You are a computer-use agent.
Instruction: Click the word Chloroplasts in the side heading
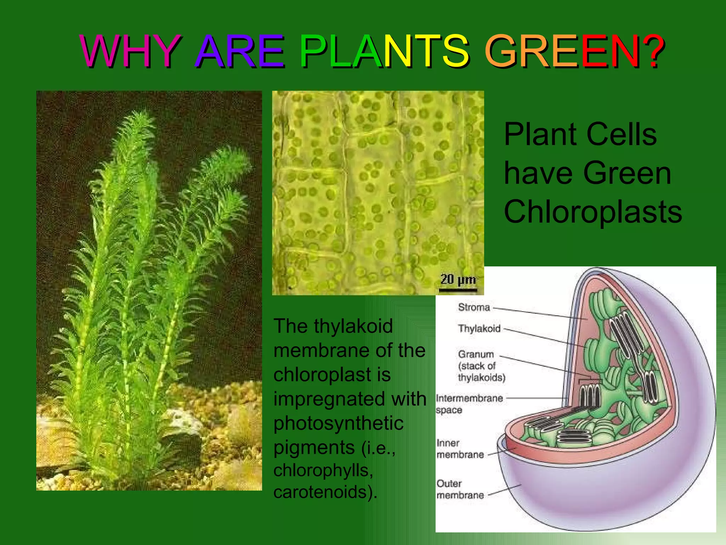[x=593, y=212]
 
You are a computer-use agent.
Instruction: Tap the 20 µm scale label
[x=458, y=280]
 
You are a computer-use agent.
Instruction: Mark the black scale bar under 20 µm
[x=458, y=291]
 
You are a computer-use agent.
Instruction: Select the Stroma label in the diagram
[x=474, y=307]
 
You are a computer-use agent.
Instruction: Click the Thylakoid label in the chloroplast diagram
[x=479, y=329]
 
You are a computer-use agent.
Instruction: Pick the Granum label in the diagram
[x=476, y=354]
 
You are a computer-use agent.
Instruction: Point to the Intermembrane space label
[x=469, y=404]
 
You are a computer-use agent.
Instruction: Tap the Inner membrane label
[x=460, y=449]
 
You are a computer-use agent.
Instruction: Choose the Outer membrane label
[x=460, y=489]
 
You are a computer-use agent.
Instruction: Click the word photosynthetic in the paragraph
[x=339, y=423]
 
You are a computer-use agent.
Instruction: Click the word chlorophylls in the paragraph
[x=323, y=470]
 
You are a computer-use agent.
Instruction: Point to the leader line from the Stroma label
[x=539, y=313]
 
